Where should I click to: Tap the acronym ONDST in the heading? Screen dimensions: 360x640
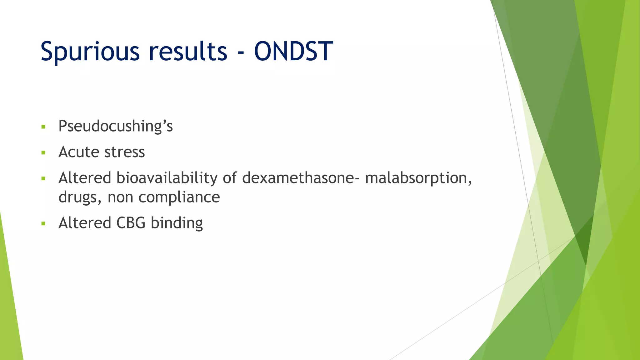(x=293, y=51)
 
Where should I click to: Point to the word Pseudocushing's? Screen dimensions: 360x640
(x=115, y=127)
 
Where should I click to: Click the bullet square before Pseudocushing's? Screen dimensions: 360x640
(x=43, y=127)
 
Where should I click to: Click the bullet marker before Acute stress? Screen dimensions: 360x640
(x=43, y=153)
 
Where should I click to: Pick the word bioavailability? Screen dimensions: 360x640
(x=167, y=178)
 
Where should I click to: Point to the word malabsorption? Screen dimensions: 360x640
(x=418, y=178)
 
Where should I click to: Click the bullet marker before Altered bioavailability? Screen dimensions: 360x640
(x=43, y=179)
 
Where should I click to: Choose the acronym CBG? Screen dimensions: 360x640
(x=131, y=223)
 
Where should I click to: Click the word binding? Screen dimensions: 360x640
(x=177, y=223)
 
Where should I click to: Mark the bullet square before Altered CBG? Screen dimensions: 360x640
(x=43, y=224)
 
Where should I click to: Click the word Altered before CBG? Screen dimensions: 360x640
(x=85, y=223)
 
